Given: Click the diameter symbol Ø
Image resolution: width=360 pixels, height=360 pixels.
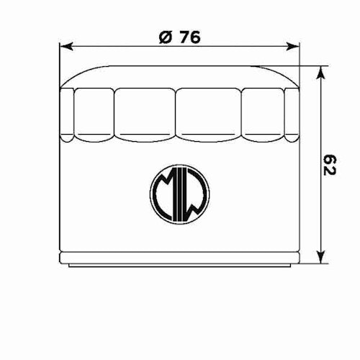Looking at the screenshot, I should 163,37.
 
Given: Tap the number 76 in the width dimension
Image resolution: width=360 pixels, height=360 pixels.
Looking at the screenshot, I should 188,37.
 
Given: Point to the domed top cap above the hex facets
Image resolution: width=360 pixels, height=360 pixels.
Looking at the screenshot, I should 179,76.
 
